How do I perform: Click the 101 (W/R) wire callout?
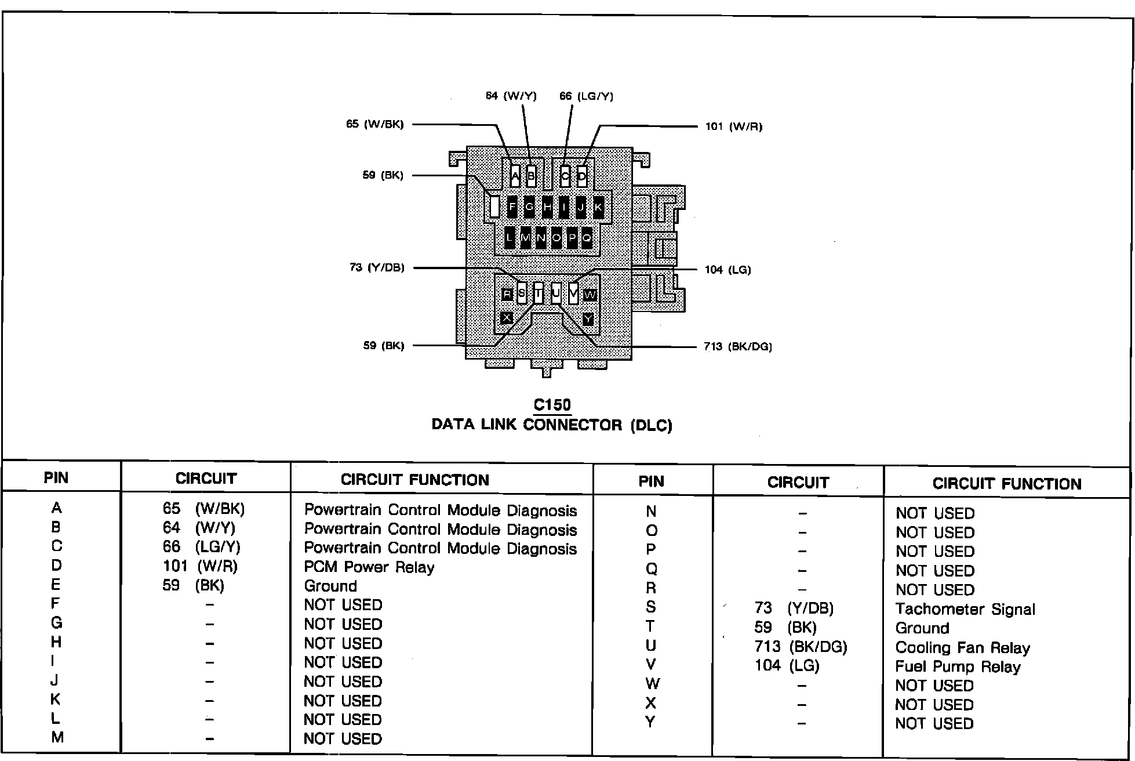tap(733, 126)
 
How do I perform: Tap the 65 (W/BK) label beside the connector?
tap(374, 124)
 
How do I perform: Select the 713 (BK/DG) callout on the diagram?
tap(738, 346)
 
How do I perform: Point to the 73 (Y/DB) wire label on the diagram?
tap(377, 267)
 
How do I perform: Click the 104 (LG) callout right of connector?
tap(727, 269)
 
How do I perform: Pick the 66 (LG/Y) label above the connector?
tap(586, 96)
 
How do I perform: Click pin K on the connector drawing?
tap(598, 206)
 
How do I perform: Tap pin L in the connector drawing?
tap(510, 238)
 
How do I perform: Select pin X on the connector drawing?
tap(507, 318)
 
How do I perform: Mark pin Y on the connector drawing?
tap(588, 319)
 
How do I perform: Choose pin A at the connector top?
tap(515, 176)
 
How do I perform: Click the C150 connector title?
tap(552, 405)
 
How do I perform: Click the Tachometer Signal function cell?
tap(965, 609)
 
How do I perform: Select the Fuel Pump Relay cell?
tap(958, 666)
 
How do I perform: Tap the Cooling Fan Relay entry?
tap(962, 647)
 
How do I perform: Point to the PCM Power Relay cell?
tap(369, 567)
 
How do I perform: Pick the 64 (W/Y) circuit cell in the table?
tap(199, 528)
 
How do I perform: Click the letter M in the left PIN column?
tap(56, 737)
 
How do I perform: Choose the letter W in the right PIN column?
tap(652, 684)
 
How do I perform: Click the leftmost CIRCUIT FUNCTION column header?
tap(414, 480)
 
